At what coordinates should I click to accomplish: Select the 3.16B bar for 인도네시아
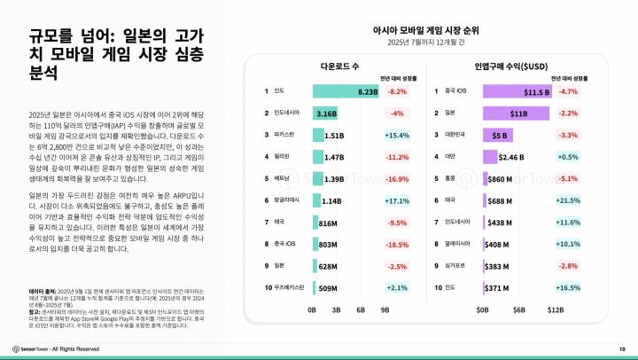(x=325, y=113)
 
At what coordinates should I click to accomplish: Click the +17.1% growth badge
(x=397, y=201)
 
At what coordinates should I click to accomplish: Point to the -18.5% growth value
(x=397, y=244)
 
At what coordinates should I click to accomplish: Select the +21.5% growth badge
(x=568, y=201)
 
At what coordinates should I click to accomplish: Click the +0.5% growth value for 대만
(x=568, y=157)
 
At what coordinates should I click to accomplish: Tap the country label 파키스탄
(x=285, y=136)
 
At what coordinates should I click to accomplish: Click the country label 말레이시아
(x=459, y=244)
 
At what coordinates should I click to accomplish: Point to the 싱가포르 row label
(x=457, y=266)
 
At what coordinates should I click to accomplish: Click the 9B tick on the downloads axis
(x=385, y=310)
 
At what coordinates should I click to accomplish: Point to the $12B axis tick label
(x=556, y=310)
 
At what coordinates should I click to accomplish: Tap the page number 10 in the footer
(x=621, y=348)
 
